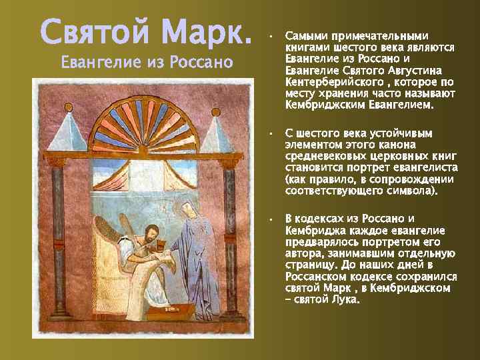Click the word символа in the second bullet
(408, 191)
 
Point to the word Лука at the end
(344, 299)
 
